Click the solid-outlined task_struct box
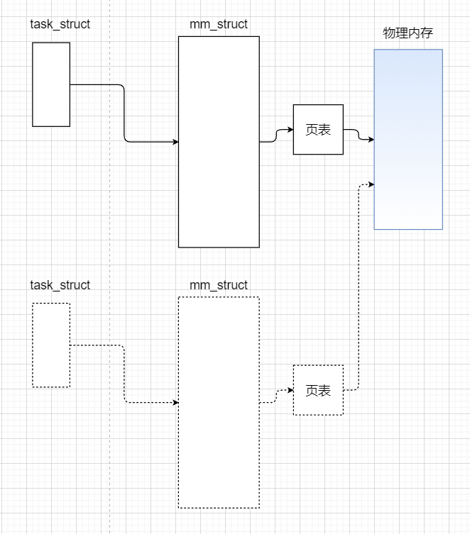(51, 84)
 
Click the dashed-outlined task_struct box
(51, 345)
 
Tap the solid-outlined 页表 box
(318, 130)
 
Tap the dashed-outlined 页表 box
(318, 390)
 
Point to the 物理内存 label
(408, 33)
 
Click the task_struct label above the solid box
(60, 24)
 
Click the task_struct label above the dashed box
(60, 285)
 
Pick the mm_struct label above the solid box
(219, 24)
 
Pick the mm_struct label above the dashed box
(219, 285)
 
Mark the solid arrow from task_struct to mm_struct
(124, 113)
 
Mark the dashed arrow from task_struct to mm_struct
(124, 374)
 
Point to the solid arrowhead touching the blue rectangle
(371, 140)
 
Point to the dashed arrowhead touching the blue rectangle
(371, 184)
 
